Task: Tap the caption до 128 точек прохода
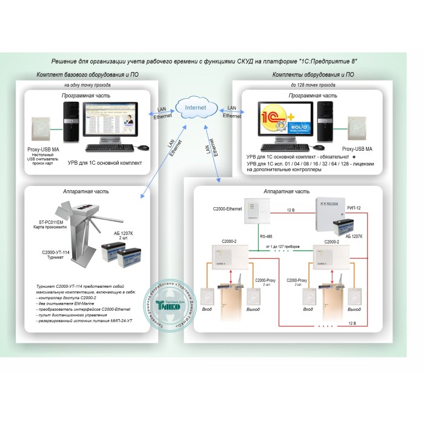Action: pos(313,85)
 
